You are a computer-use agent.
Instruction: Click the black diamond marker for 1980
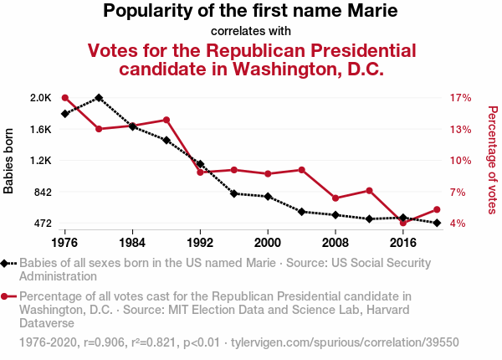click(99, 98)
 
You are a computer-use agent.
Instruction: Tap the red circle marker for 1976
click(65, 98)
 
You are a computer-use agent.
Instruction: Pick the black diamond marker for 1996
click(234, 193)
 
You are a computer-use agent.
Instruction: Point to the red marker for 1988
click(166, 120)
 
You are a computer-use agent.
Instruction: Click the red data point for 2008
click(336, 198)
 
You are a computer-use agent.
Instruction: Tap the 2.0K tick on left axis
click(40, 98)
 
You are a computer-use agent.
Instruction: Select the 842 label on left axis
click(42, 192)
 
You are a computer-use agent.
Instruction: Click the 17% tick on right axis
click(461, 98)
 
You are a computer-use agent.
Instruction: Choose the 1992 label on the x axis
click(200, 242)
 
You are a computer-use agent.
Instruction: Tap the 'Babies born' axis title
click(9, 161)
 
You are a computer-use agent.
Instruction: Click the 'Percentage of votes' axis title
click(492, 161)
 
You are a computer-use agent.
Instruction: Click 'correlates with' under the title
click(251, 31)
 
